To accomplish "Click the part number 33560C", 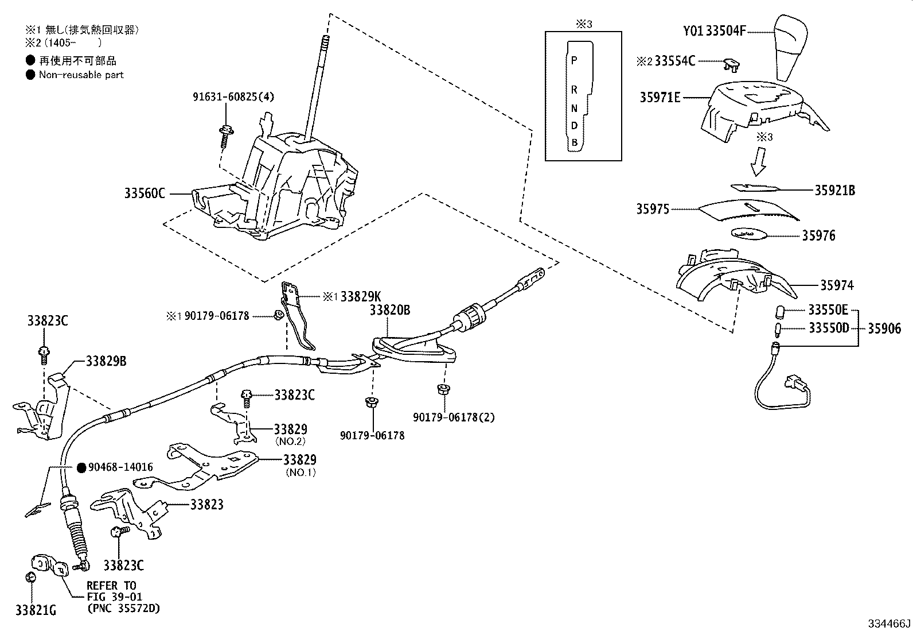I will (x=144, y=193).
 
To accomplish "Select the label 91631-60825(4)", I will (x=233, y=96).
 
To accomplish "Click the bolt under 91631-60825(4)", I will (x=225, y=136).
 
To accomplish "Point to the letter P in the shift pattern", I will (x=574, y=60).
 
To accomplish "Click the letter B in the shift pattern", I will (x=574, y=142).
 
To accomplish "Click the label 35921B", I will (x=834, y=190).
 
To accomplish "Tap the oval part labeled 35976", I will (x=750, y=234).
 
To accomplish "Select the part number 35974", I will (x=836, y=285).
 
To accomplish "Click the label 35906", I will (x=884, y=328).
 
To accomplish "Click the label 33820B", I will (x=389, y=310).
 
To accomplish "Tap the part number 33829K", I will (x=360, y=296).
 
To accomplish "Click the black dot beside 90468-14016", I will (x=81, y=467).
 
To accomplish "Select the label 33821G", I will (x=36, y=610).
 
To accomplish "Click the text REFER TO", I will (x=111, y=585).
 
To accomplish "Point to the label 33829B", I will (x=106, y=361).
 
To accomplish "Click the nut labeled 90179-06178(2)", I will (x=443, y=390).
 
